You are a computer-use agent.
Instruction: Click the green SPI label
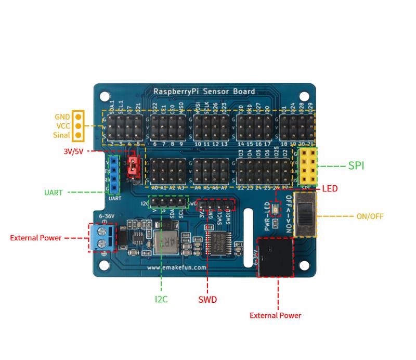356,166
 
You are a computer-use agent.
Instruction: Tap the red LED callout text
330,188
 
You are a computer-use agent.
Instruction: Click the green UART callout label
53,192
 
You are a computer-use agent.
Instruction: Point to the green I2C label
161,299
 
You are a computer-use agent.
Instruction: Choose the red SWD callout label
207,300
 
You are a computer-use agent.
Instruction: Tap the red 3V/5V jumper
133,166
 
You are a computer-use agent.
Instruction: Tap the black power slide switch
305,214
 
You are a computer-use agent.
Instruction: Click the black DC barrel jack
276,256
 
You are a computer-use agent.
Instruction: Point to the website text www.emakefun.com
177,267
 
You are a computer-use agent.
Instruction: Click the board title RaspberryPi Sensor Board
204,92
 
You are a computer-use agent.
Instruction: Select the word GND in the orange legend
62,117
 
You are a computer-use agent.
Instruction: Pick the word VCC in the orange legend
62,126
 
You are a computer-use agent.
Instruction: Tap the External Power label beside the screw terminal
35,238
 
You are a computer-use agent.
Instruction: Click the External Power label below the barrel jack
275,315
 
